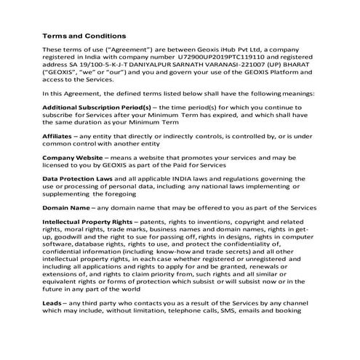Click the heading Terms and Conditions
tap(84, 35)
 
